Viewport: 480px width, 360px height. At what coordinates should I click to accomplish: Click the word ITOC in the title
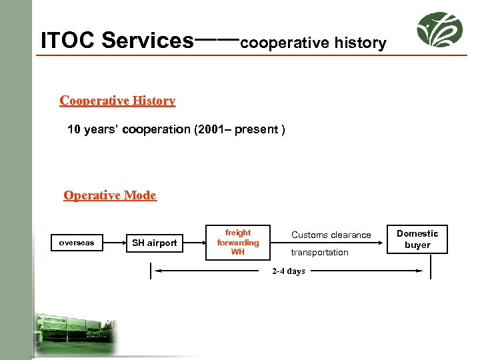point(69,41)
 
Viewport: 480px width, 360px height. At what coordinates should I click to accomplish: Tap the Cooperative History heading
point(117,101)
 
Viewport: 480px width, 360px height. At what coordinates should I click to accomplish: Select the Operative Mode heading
point(110,195)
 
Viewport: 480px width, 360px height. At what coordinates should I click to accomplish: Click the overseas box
point(77,243)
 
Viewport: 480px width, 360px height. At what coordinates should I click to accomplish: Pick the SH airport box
point(155,243)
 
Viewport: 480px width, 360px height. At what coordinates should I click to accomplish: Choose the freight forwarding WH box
point(238,243)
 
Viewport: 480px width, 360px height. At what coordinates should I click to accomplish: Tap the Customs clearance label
point(331,235)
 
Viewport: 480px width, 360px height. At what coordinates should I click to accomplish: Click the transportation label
point(319,252)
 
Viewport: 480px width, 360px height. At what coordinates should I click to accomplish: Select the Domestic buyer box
point(417,239)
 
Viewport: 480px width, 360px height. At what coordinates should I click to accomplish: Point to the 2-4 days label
point(288,271)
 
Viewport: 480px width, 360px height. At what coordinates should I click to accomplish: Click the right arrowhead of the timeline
point(419,271)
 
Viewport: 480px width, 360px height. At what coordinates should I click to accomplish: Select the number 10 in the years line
point(74,129)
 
